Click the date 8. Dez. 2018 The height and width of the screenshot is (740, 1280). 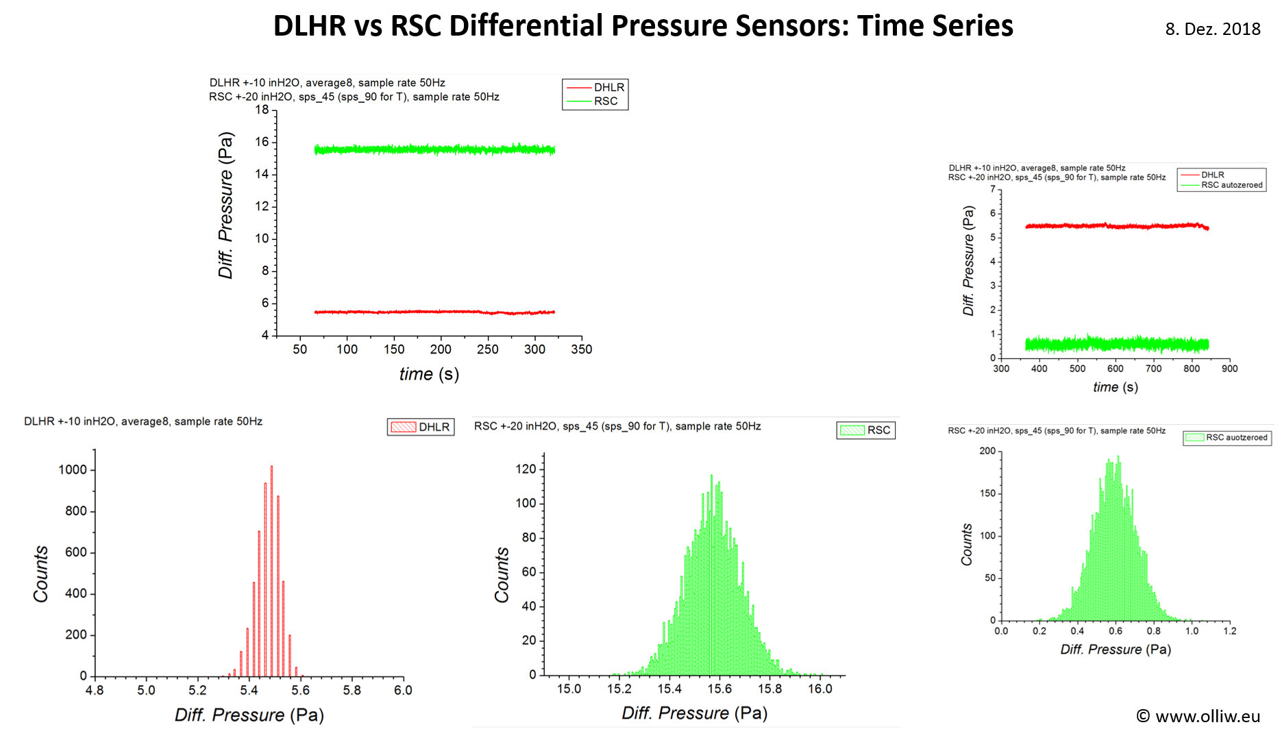point(1212,29)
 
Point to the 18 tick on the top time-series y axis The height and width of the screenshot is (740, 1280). point(262,110)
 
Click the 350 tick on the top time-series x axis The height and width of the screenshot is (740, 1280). point(581,349)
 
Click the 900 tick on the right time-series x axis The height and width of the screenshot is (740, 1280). point(1229,369)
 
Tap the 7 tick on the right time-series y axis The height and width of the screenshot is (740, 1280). point(992,189)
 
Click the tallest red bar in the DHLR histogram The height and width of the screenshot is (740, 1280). point(271,569)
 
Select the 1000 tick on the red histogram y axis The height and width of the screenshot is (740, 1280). point(73,470)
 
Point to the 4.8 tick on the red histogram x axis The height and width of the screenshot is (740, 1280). point(95,691)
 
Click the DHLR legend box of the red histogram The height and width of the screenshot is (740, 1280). point(421,427)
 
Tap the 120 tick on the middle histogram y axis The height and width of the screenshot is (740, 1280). point(526,469)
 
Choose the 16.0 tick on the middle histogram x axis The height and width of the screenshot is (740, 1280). point(820,689)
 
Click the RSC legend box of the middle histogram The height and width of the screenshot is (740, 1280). point(866,430)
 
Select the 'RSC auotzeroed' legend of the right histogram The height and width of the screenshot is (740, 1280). point(1227,437)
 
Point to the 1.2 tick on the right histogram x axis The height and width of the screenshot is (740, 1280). point(1229,631)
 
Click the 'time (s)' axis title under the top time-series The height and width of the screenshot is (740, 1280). point(429,374)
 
